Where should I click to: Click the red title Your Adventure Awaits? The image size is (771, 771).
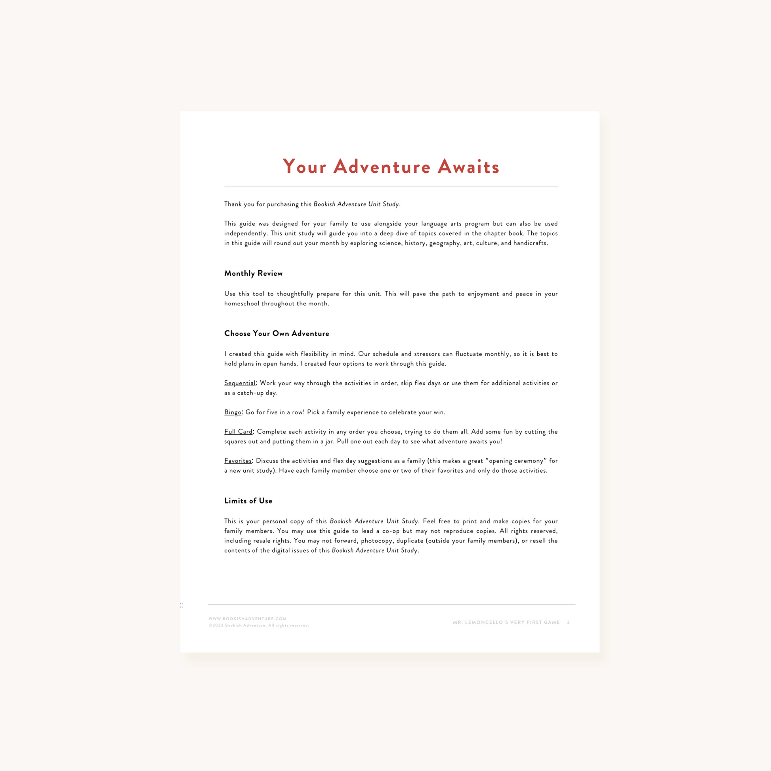[391, 167]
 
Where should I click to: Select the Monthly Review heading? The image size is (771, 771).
[254, 273]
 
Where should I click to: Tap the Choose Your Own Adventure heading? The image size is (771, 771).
[277, 334]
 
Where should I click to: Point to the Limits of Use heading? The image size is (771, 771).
[248, 501]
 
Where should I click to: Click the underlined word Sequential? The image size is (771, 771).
[239, 383]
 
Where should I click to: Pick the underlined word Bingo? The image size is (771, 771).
[233, 412]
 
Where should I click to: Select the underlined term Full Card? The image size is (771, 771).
[238, 432]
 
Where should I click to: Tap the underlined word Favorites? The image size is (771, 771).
[238, 461]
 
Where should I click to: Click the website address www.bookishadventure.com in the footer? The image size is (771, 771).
[247, 618]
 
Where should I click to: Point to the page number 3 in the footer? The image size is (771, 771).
[568, 622]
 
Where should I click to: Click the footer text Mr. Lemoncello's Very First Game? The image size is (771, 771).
[506, 622]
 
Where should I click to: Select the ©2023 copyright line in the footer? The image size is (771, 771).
[259, 625]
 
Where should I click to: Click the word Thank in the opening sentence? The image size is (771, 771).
[233, 204]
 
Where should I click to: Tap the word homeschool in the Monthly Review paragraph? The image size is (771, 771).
[241, 304]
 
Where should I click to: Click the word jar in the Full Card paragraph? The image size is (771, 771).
[329, 442]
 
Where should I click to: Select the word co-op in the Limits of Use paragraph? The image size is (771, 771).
[391, 531]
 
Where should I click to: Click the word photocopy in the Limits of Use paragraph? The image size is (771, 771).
[376, 541]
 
